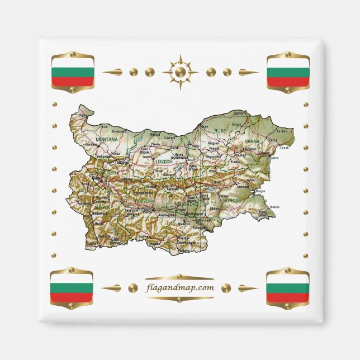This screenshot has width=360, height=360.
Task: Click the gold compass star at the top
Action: [180, 72]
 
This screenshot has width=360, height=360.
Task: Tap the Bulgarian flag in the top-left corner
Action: [72, 72]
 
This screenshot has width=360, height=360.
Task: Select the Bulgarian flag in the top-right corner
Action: [288, 72]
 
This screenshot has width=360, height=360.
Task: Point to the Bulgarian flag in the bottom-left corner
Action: [72, 288]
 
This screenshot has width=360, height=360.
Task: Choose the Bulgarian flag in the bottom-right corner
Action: [288, 288]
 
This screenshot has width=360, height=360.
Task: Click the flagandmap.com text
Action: [180, 288]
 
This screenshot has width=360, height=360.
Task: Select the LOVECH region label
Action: [165, 162]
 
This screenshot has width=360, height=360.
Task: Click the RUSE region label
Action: [220, 130]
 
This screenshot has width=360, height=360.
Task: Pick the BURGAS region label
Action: [231, 199]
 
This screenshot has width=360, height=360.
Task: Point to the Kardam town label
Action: [283, 131]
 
